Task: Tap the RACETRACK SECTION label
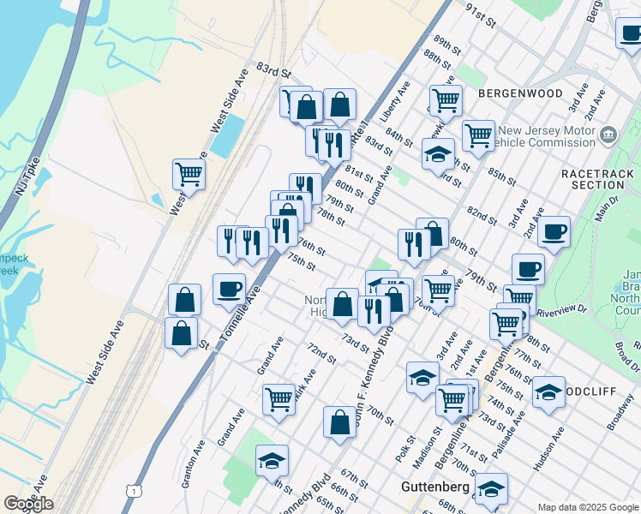[598, 179]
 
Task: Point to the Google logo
[28, 504]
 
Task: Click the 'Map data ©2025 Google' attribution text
[588, 507]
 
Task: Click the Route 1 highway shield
[132, 490]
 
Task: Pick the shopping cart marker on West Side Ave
[189, 174]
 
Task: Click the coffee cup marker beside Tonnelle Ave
[229, 290]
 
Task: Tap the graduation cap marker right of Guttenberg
[491, 489]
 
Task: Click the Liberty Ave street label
[400, 101]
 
